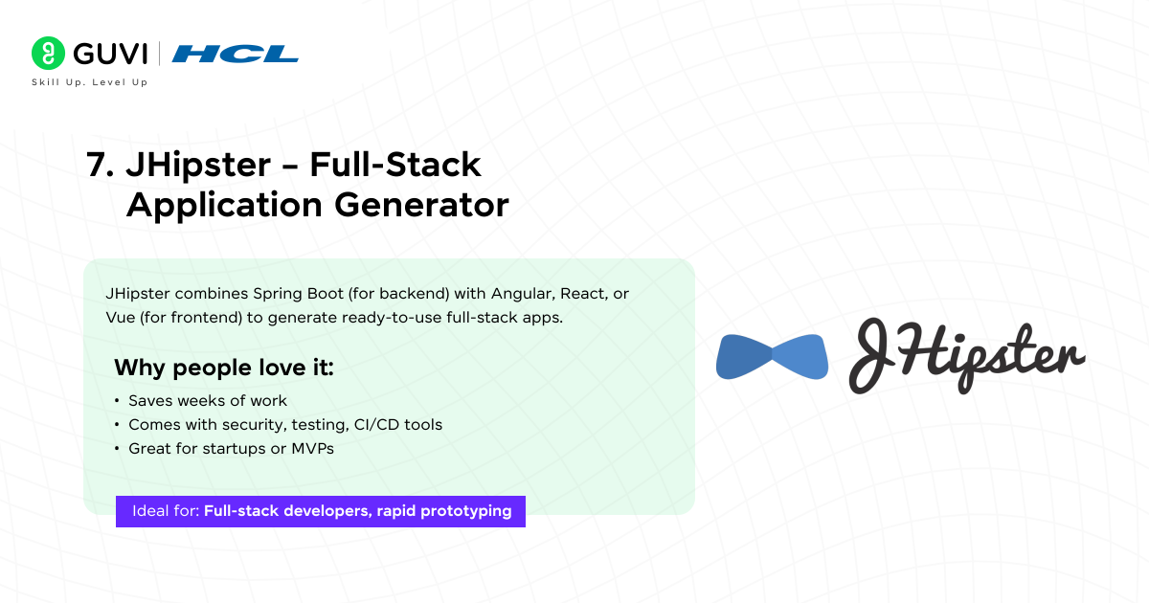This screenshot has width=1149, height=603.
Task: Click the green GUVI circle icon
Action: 47,54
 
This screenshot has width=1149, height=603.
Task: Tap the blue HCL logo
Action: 235,55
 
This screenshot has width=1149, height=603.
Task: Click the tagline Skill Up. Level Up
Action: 90,82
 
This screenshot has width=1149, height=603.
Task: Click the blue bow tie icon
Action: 772,356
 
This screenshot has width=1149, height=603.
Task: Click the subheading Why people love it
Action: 224,368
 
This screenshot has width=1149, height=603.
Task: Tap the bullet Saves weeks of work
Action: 207,400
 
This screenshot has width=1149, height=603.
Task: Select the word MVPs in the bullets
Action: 309,448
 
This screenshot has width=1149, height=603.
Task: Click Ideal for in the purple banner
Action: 166,511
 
